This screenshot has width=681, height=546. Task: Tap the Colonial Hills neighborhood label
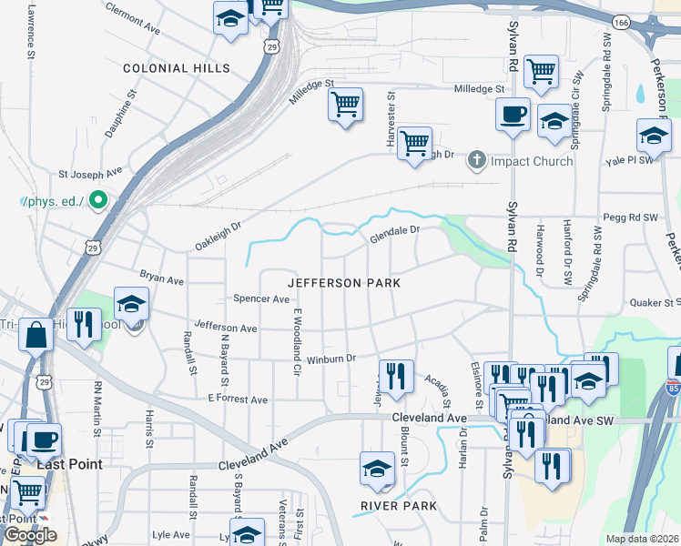pos(177,68)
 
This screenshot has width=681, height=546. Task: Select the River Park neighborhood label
pos(398,506)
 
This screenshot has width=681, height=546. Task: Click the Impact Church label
pos(532,162)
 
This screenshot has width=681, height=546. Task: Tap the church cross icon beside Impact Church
pos(476,161)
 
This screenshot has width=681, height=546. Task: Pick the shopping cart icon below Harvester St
pos(414,143)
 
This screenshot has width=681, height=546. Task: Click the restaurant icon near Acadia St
pos(396,376)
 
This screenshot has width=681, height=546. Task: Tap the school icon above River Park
pos(377,468)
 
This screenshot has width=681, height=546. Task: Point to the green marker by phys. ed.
pos(98,199)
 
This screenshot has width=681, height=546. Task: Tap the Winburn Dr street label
pos(329,359)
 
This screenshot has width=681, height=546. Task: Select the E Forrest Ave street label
pos(238,399)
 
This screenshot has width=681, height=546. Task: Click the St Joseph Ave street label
pos(90,171)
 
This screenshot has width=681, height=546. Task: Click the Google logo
pos(30,535)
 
